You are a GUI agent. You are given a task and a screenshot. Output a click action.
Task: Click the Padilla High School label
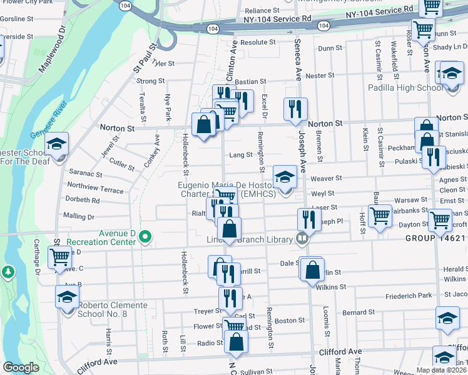(x=405, y=87)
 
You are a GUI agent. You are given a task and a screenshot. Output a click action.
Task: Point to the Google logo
(x=21, y=367)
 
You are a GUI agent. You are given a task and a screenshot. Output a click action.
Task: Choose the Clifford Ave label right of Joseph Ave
(x=340, y=352)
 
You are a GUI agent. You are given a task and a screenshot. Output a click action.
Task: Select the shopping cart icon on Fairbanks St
(x=380, y=216)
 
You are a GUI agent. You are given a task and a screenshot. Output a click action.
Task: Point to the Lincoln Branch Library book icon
(x=302, y=238)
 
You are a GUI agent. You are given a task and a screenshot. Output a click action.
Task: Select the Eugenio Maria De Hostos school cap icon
(x=285, y=176)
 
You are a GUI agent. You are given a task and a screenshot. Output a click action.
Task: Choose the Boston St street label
(x=290, y=321)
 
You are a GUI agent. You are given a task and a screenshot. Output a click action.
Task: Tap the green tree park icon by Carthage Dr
(x=8, y=272)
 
